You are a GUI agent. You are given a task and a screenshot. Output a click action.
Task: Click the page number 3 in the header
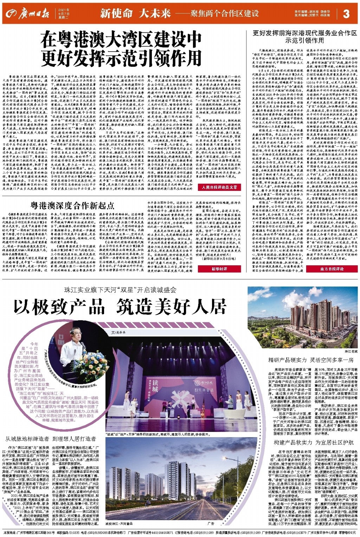[346, 13]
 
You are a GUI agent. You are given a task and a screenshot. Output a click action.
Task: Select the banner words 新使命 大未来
[135, 13]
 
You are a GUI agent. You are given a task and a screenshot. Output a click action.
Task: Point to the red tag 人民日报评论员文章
[219, 188]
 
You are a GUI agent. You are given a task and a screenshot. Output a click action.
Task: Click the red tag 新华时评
[219, 268]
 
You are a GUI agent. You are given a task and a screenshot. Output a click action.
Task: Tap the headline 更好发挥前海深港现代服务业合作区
[304, 33]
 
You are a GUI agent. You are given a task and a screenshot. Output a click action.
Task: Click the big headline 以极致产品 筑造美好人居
[120, 307]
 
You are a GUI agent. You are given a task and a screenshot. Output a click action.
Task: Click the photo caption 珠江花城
[350, 351]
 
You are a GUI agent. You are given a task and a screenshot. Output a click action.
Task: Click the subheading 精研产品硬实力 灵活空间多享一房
[311, 360]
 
